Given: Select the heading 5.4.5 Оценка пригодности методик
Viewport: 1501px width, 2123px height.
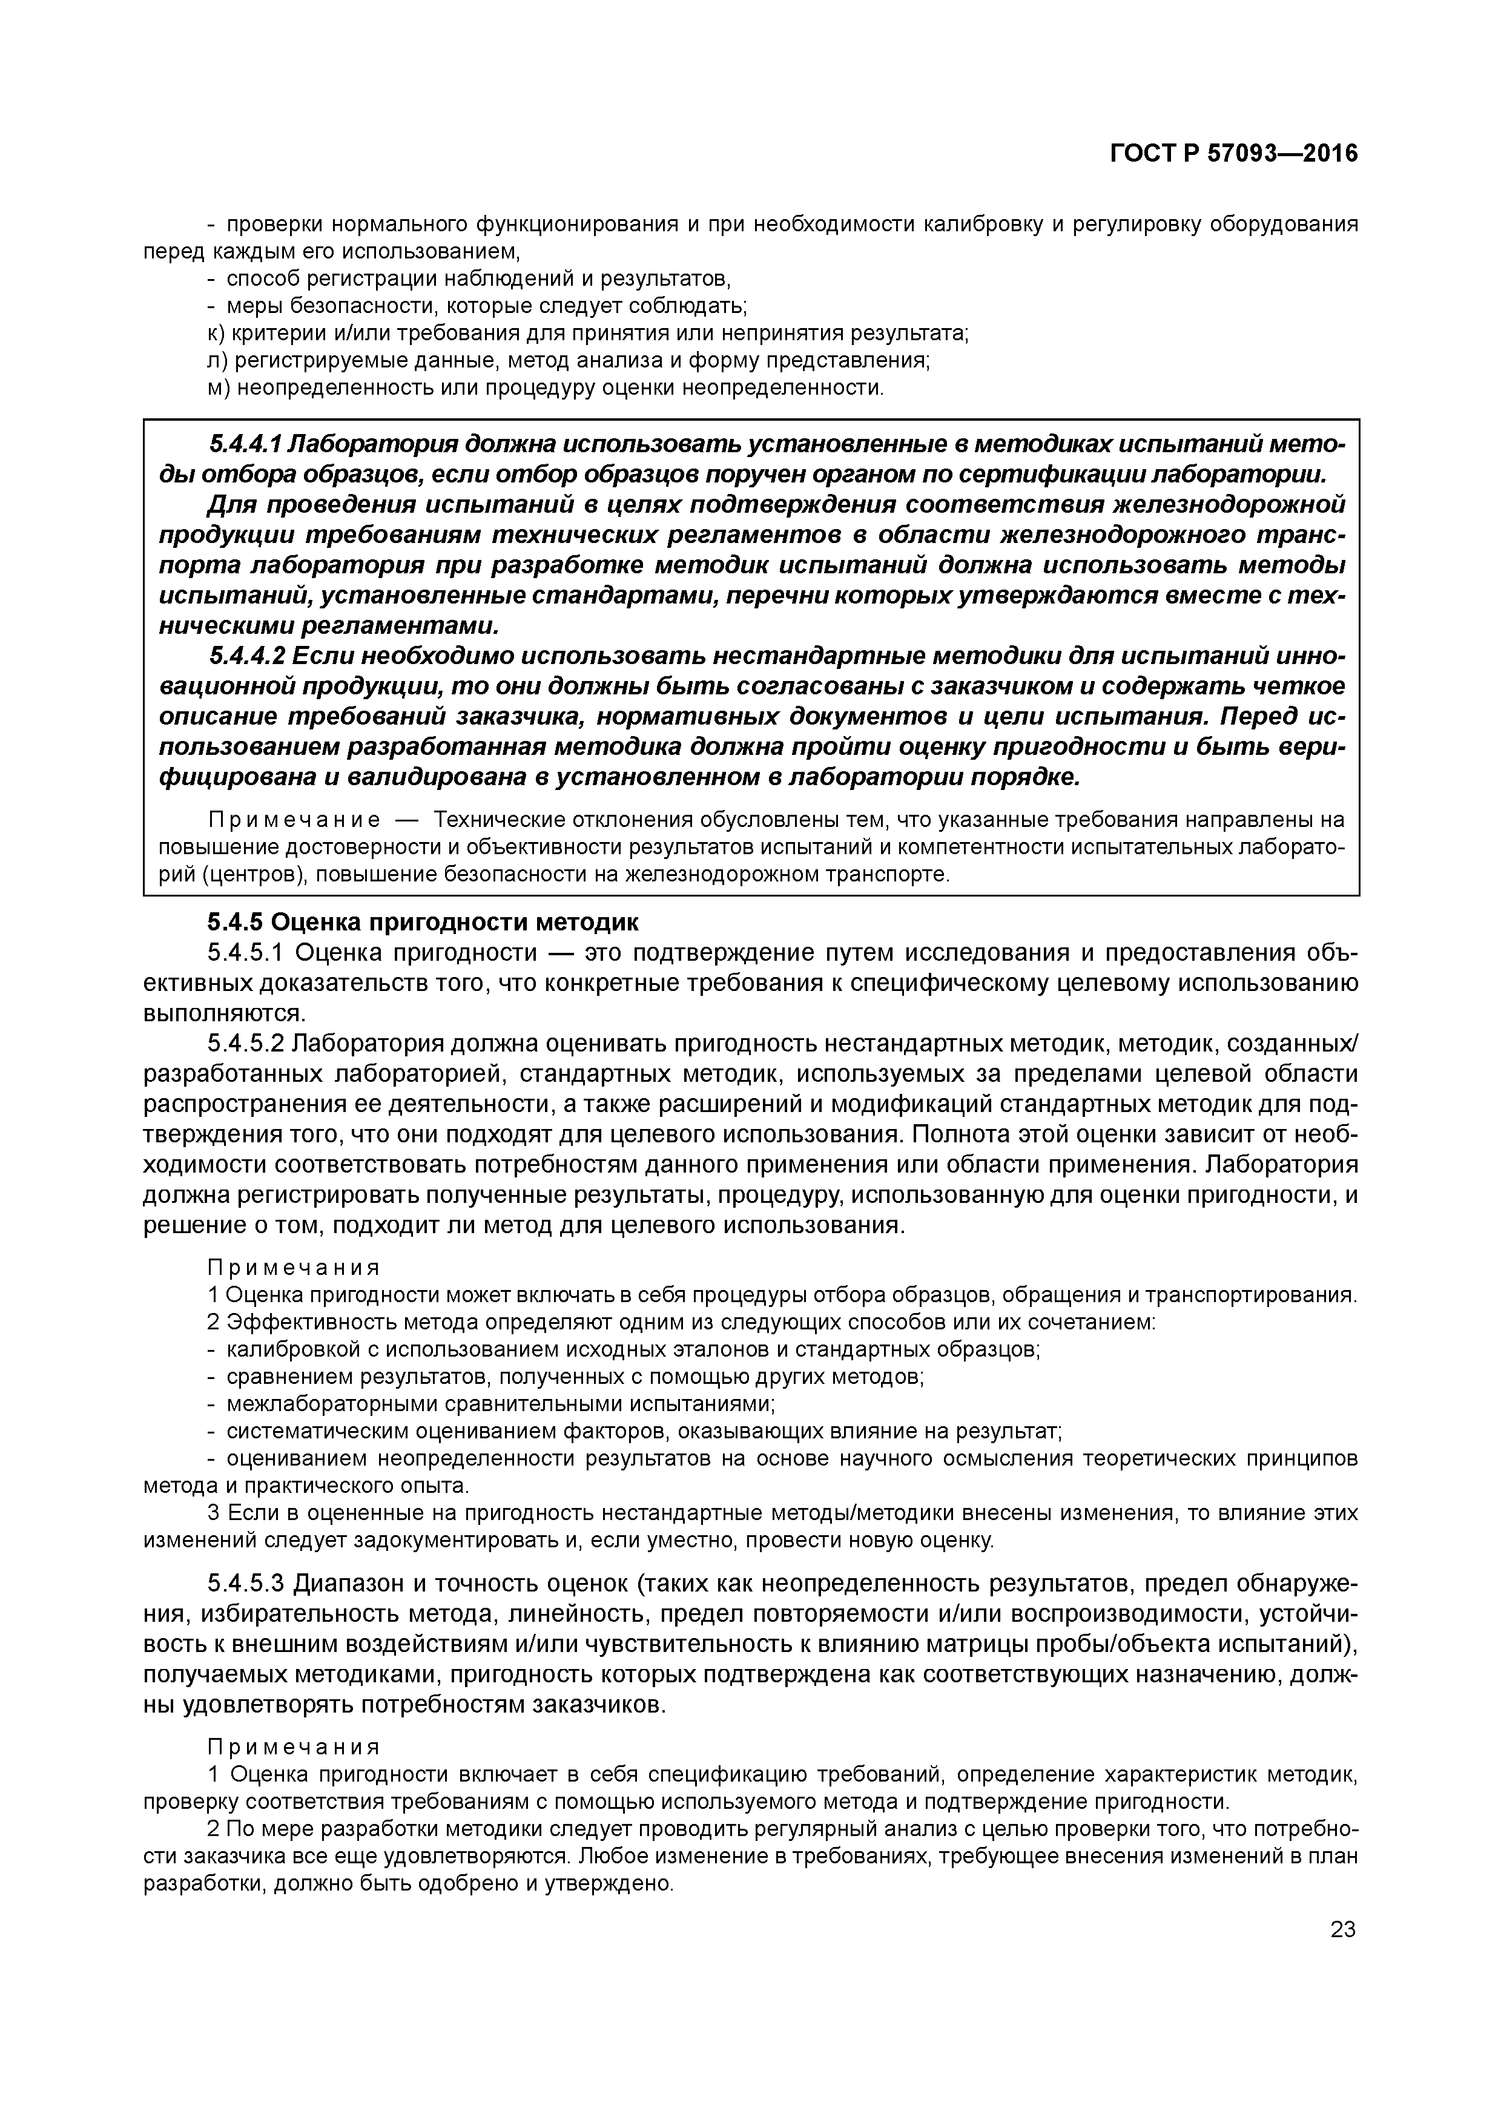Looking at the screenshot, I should (x=423, y=922).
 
